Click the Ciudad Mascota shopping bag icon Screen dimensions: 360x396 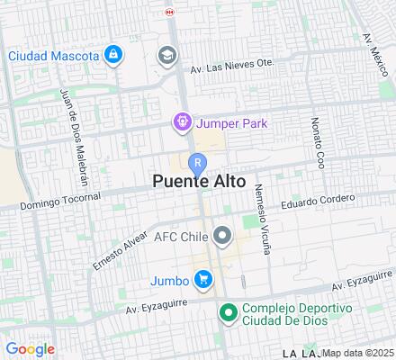(x=112, y=56)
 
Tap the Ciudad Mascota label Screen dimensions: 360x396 (x=53, y=56)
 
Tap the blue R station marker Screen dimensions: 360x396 (x=198, y=162)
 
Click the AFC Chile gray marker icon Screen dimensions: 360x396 (x=222, y=237)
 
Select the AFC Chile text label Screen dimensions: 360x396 (x=181, y=238)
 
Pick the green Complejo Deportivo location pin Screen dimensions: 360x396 (x=228, y=313)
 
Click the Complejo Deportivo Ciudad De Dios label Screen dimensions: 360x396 (x=286, y=316)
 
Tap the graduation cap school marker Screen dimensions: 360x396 (x=166, y=57)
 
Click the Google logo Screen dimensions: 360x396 (x=30, y=348)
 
